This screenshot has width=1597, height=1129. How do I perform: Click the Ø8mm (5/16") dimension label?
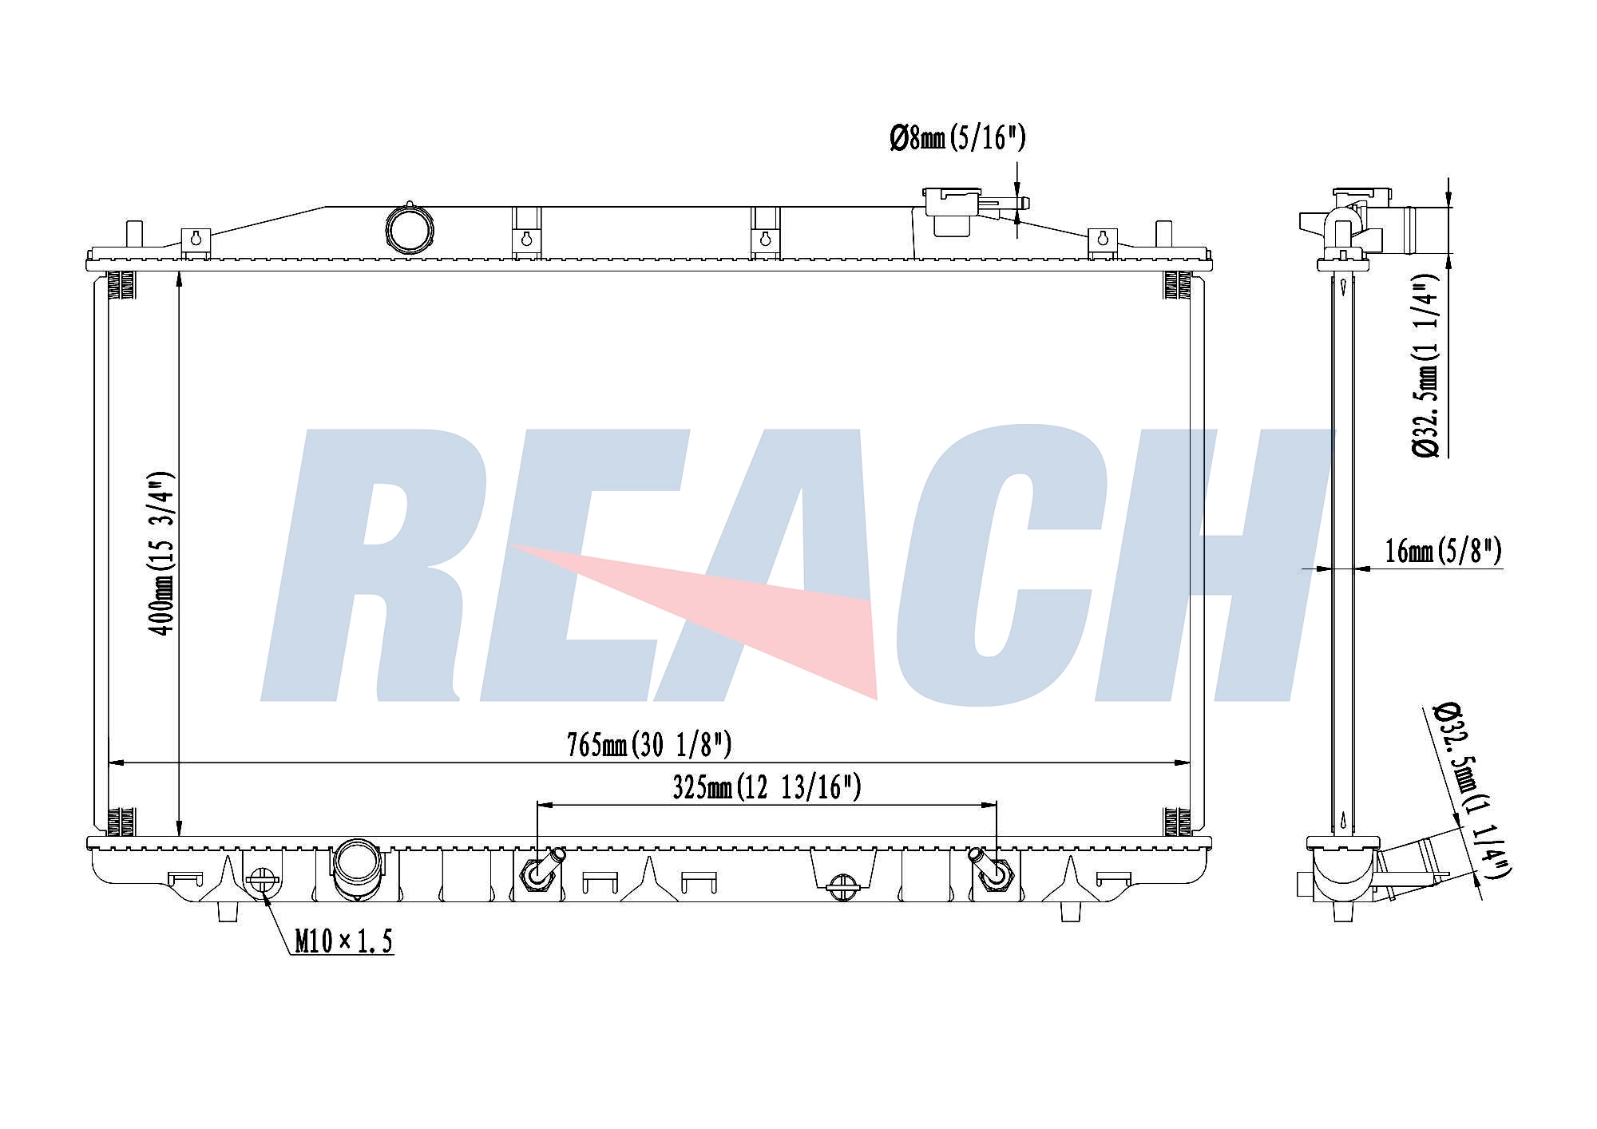(x=957, y=139)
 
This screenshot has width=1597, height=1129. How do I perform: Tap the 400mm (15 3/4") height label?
(x=163, y=553)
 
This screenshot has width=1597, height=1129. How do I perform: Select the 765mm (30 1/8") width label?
(x=648, y=745)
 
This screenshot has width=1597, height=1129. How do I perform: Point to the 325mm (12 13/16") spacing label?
(x=767, y=788)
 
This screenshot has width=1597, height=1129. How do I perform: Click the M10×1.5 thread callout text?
(x=343, y=942)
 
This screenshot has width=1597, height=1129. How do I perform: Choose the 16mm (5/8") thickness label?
(x=1443, y=551)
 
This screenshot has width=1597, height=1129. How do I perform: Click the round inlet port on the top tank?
(x=410, y=230)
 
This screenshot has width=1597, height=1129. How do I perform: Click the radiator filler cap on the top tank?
(x=953, y=211)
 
